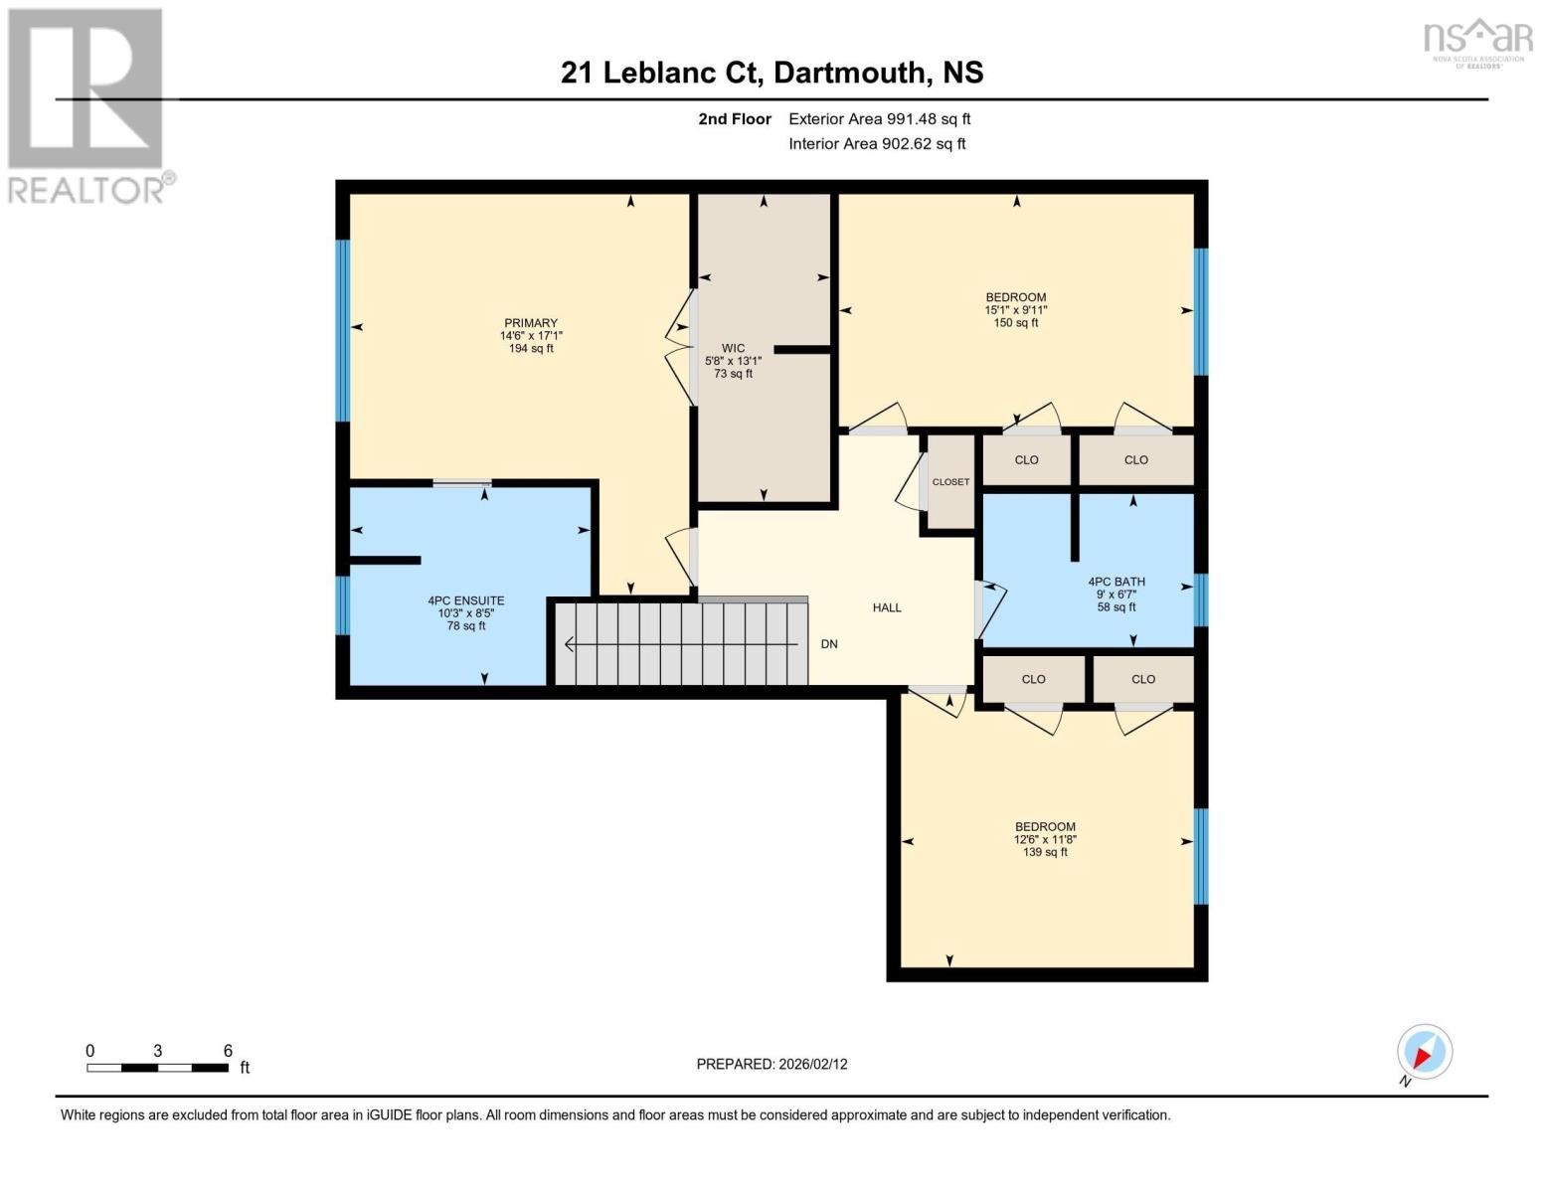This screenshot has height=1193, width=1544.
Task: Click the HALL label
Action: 887,607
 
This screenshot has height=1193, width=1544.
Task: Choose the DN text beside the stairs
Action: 829,644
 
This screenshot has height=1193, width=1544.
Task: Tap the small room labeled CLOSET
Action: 950,482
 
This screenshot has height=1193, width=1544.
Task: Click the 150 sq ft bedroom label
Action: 1015,309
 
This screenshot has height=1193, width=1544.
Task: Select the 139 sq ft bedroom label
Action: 1045,839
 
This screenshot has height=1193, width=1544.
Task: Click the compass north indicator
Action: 1424,1053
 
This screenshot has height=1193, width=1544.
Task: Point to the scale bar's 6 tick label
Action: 228,1051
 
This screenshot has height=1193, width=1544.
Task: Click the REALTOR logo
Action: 87,104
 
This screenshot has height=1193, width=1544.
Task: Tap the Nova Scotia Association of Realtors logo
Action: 1477,42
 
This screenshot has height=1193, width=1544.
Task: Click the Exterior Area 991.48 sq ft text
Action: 879,119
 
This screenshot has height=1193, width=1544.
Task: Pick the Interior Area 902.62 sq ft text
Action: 877,144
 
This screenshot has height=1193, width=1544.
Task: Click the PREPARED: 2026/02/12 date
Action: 772,1064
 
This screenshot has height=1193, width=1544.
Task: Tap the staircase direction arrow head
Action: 570,644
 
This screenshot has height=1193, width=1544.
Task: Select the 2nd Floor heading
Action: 735,119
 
